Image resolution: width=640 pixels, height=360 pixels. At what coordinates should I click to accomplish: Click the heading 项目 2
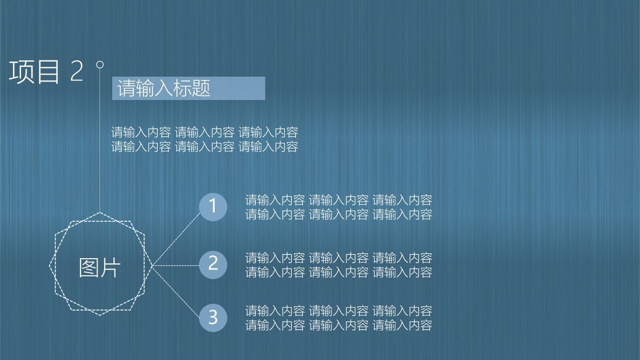pyautogui.click(x=46, y=72)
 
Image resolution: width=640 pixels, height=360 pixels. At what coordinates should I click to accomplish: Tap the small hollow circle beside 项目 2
pyautogui.click(x=99, y=65)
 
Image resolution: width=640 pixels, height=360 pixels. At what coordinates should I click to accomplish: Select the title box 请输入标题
pyautogui.click(x=188, y=88)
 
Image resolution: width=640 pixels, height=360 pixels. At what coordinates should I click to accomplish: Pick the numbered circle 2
pyautogui.click(x=213, y=264)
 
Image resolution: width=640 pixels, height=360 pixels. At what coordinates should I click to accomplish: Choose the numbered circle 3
pyautogui.click(x=213, y=317)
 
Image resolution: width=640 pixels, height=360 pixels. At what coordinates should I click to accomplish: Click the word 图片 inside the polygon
pyautogui.click(x=100, y=267)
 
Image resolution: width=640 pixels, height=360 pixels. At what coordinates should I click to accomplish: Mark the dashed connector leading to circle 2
pyautogui.click(x=176, y=265)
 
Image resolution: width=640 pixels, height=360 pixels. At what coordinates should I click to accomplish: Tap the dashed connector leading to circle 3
pyautogui.click(x=176, y=291)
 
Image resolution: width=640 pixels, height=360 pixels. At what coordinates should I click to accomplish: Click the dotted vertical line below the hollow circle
pyautogui.click(x=100, y=139)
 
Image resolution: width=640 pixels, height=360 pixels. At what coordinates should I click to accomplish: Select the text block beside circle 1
pyautogui.click(x=338, y=207)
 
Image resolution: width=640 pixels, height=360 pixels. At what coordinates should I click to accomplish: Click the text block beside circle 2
pyautogui.click(x=338, y=265)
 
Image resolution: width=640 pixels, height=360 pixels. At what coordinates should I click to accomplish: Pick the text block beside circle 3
pyautogui.click(x=338, y=318)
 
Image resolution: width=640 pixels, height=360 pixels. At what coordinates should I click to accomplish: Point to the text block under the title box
pyautogui.click(x=204, y=139)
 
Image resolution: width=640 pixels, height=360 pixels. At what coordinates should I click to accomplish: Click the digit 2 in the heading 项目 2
pyautogui.click(x=77, y=72)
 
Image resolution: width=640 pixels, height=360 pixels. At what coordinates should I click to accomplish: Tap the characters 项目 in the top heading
pyautogui.click(x=34, y=72)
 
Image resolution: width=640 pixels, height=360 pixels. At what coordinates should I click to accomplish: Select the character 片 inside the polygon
pyautogui.click(x=110, y=267)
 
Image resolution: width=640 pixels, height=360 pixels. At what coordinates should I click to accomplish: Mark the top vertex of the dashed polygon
pyautogui.click(x=100, y=212)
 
